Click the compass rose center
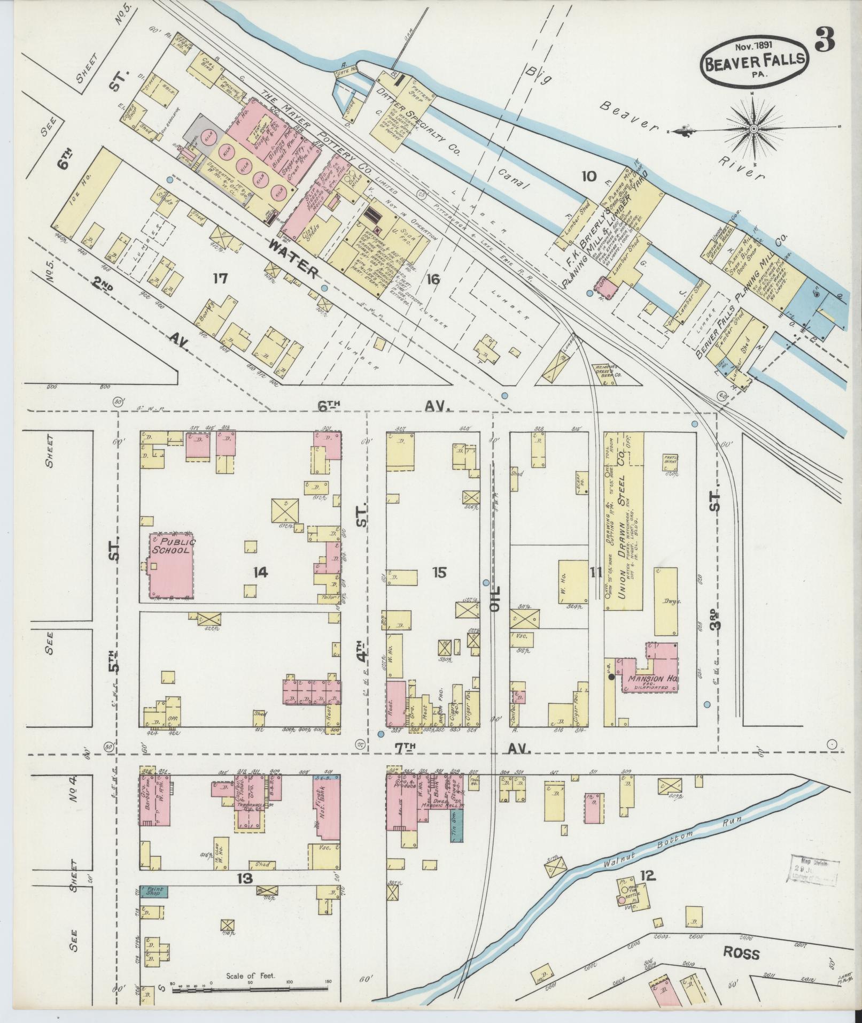754,128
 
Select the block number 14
260,573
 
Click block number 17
220,279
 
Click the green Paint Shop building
154,891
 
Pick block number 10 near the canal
588,176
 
